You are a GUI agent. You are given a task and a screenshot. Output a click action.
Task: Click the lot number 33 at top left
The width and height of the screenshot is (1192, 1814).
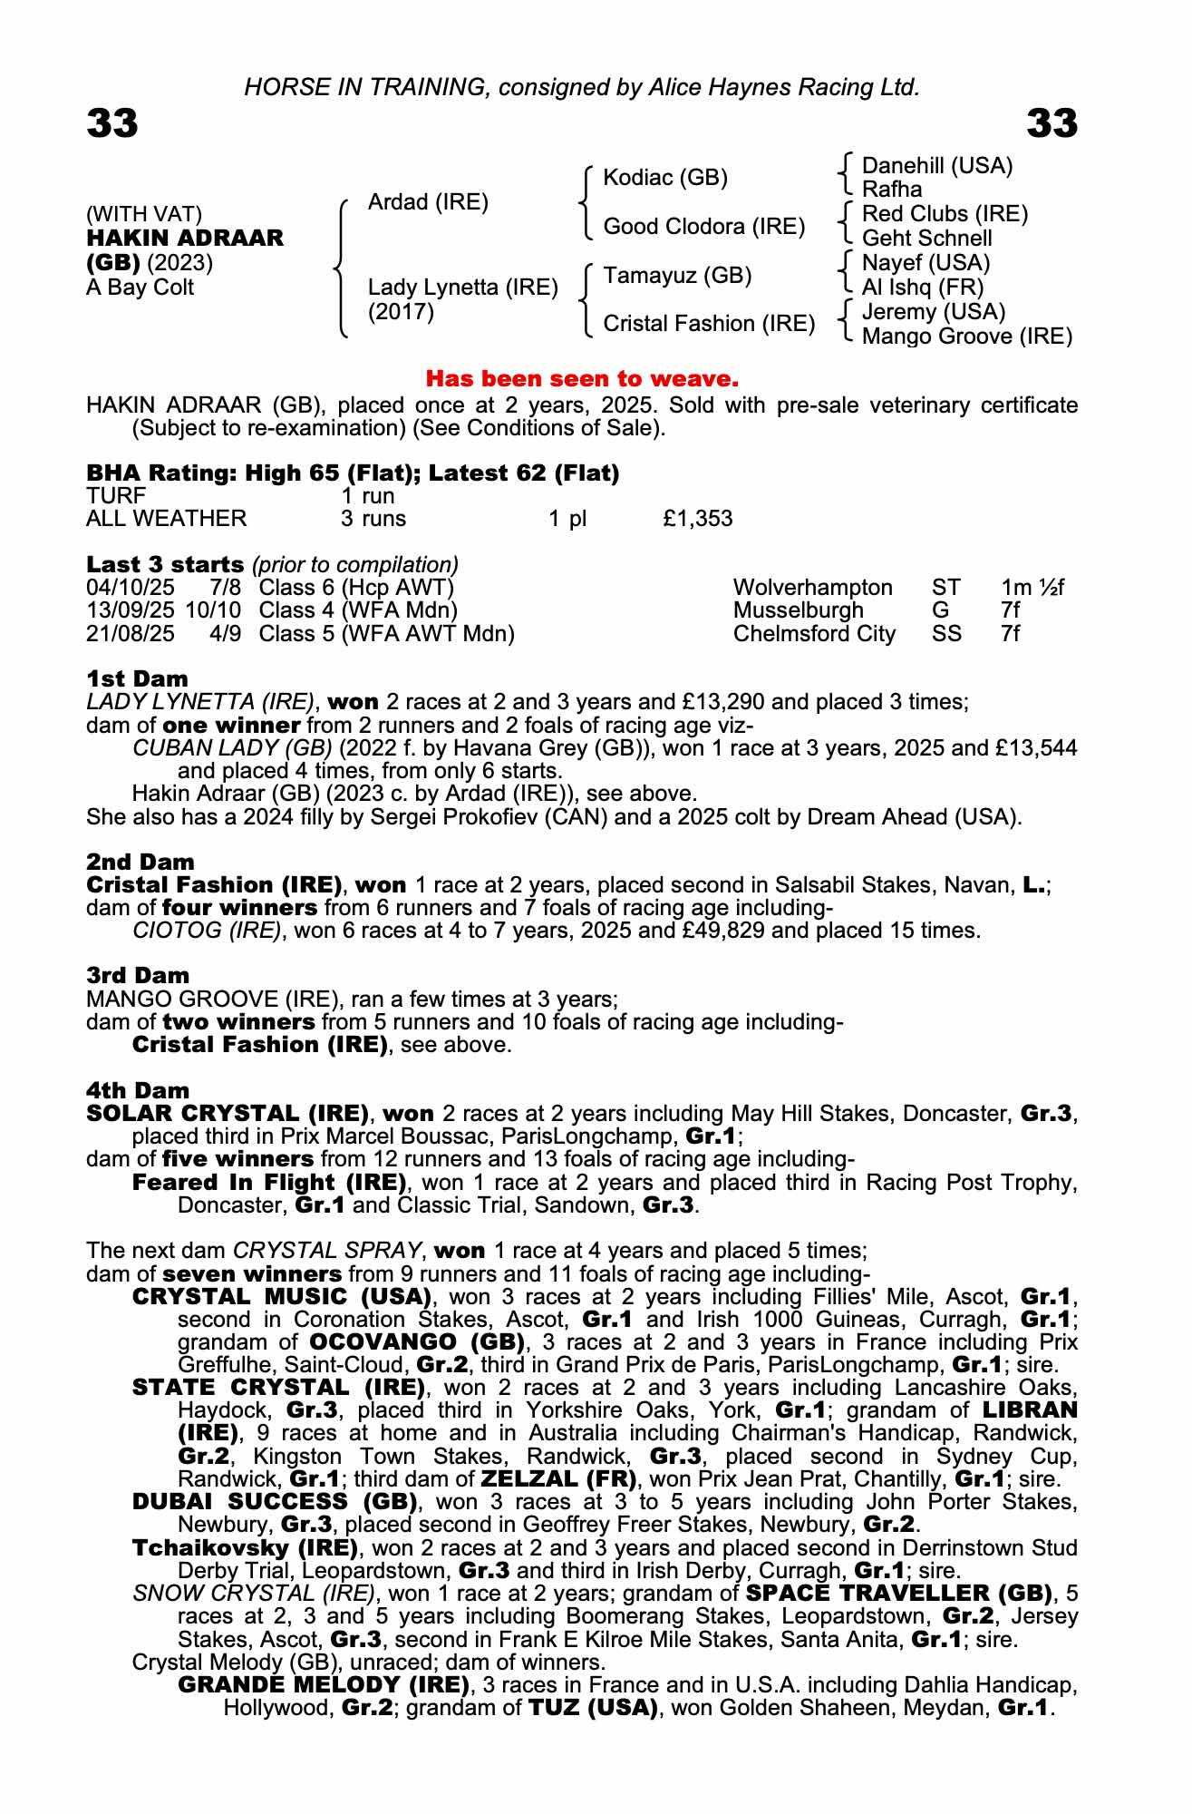click(x=112, y=123)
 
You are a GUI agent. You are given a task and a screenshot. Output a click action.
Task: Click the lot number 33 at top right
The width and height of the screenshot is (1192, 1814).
click(x=1051, y=123)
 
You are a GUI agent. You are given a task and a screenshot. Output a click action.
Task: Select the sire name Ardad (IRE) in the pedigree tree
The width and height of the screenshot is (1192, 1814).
click(x=428, y=202)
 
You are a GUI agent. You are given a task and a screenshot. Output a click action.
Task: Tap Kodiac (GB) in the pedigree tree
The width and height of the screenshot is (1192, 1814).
click(x=665, y=178)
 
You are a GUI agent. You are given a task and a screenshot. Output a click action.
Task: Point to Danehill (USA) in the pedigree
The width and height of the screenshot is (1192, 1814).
click(x=937, y=166)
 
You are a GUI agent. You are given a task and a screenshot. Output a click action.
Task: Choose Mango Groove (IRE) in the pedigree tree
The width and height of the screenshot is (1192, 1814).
click(x=966, y=336)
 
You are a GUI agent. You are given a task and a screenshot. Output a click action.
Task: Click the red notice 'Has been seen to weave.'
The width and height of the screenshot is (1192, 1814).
click(x=582, y=378)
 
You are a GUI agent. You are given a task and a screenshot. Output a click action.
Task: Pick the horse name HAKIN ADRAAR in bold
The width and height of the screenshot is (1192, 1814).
click(x=185, y=239)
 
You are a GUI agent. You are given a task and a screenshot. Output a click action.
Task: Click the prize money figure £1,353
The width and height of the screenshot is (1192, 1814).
click(x=697, y=519)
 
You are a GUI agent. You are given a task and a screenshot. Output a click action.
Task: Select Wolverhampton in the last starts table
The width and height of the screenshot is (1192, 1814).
click(x=812, y=588)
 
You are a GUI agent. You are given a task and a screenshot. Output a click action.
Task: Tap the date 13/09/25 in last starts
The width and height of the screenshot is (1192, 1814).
click(x=131, y=610)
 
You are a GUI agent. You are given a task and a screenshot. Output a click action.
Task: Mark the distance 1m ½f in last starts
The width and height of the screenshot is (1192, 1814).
click(x=1032, y=588)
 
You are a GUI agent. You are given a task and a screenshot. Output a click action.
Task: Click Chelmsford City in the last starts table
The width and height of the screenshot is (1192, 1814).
click(x=813, y=634)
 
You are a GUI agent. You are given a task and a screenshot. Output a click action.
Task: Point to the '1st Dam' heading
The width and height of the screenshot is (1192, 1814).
click(x=137, y=678)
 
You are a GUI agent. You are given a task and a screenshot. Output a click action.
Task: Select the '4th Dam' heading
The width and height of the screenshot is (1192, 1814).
click(x=138, y=1090)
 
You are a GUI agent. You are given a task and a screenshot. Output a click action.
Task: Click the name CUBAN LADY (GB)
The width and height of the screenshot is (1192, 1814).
click(x=231, y=748)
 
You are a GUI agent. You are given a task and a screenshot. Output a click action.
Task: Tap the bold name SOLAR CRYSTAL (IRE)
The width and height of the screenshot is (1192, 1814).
click(x=228, y=1113)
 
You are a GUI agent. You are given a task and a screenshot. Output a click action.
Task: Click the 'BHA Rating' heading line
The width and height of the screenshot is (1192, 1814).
click(x=353, y=473)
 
